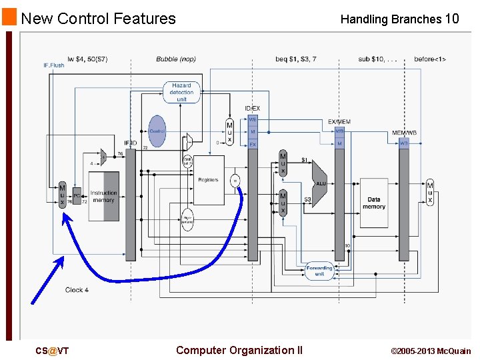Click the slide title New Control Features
[98, 18]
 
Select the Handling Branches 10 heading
[399, 19]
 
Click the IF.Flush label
[54, 65]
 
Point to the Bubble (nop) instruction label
[176, 59]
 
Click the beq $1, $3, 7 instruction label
[295, 59]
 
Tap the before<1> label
[430, 59]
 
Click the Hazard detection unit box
[181, 93]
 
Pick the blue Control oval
[157, 131]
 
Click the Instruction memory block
[103, 196]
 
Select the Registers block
[208, 180]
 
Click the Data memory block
[374, 203]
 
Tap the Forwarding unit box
[319, 271]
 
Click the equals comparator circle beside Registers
[235, 180]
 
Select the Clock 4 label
[77, 290]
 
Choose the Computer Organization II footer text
[239, 351]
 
